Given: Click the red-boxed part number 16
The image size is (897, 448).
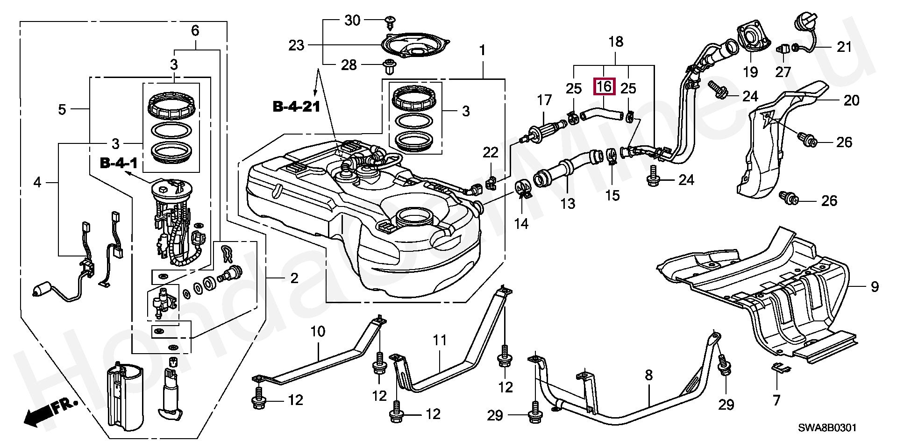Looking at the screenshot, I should (604, 86).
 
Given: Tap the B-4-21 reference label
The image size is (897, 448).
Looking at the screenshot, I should (296, 107).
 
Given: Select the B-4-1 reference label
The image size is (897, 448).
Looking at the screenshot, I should (119, 164).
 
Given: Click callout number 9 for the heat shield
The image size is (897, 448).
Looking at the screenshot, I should (875, 286).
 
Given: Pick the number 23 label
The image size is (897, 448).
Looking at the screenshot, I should (296, 45).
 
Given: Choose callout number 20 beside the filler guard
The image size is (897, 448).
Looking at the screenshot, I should (852, 100).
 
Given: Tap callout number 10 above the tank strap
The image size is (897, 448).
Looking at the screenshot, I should (318, 332).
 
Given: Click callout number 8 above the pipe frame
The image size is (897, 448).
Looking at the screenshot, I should (648, 375).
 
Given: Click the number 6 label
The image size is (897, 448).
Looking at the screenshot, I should (195, 31).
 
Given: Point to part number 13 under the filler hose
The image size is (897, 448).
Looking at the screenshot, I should (568, 204).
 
